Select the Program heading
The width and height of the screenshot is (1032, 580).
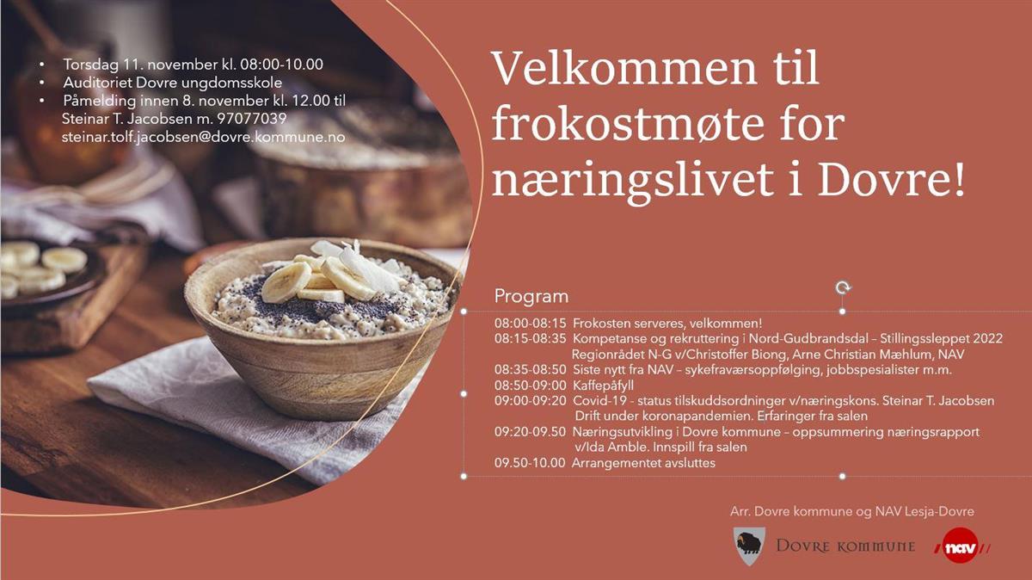[531, 297]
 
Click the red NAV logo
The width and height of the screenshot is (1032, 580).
[961, 546]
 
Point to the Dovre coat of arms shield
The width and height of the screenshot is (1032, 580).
[749, 546]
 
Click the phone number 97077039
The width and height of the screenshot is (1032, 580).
[251, 119]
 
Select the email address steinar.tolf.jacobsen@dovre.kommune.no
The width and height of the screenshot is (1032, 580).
[203, 137]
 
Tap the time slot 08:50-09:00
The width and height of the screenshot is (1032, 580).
[530, 385]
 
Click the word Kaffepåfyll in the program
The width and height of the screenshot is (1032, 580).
[603, 386]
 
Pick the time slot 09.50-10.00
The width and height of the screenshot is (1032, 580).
[530, 462]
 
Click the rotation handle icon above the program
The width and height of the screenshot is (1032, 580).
[843, 288]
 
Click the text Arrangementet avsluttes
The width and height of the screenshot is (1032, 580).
[643, 462]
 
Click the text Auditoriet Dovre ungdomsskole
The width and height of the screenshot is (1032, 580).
[172, 83]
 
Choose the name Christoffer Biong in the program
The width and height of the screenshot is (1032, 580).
[717, 355]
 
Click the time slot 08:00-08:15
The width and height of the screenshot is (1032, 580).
[530, 324]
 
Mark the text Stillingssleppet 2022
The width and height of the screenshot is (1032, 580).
[941, 339]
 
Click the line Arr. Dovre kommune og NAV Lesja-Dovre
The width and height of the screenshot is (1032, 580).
[852, 511]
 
